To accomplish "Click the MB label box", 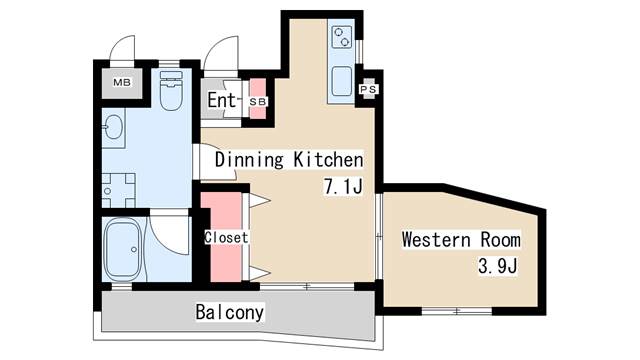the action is tap(122, 82).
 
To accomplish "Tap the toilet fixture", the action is tap(171, 91).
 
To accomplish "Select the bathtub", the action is tap(123, 249).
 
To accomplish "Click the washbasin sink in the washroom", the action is tap(113, 127).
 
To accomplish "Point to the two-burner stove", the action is tap(341, 37).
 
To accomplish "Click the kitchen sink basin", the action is tap(342, 81).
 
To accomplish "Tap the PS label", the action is tap(369, 89).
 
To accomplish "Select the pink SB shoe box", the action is tap(258, 98).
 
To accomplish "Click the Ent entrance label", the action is tap(221, 100).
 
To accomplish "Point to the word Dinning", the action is tap(249, 160).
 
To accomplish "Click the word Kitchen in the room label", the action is tap(329, 160).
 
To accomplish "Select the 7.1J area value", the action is tap(343, 187).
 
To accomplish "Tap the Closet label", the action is tap(226, 237).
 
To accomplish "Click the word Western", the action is tap(436, 239).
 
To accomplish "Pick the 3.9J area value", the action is tap(498, 267).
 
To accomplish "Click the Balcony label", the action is tap(230, 312).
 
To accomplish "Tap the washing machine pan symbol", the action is tap(118, 191).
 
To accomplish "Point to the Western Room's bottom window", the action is tap(457, 311).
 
